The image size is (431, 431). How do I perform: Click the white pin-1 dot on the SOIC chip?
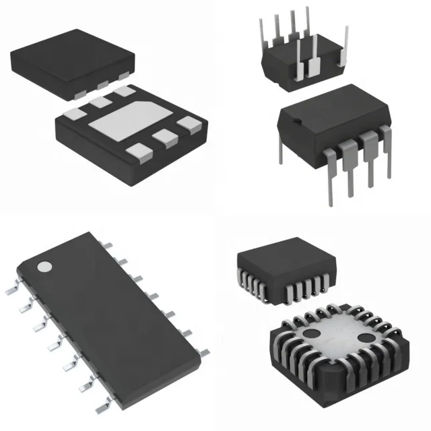pos(44,267)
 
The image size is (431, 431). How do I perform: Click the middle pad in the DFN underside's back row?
pos(101,102)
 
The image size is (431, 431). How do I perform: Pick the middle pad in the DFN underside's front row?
pos(162,137)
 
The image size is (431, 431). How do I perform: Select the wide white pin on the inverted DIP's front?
pos(312,67)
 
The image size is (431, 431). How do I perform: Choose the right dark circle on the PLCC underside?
pos(364,337)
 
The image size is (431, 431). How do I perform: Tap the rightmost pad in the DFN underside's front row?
pos(194,123)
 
